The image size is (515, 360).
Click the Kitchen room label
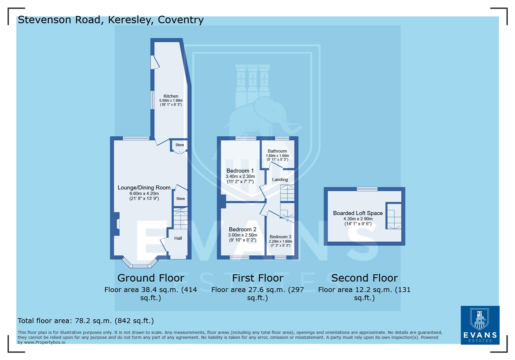171,96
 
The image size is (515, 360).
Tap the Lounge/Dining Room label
144,188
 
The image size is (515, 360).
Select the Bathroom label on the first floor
277,151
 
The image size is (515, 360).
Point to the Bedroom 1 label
240,171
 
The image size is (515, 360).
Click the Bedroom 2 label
242,229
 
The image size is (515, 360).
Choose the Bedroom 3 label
280,237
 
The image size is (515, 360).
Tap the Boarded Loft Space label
358,213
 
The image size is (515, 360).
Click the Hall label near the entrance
178,238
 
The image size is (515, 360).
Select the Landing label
280,180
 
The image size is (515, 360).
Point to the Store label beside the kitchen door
179,145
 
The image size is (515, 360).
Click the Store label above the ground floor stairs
180,199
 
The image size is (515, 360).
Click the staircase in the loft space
394,216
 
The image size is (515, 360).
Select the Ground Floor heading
150,278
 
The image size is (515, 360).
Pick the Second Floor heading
364,278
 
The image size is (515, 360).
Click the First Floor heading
257,278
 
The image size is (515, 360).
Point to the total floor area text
86,321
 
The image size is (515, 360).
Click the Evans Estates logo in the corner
480,325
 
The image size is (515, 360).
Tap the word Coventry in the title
180,20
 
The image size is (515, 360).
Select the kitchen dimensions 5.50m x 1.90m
171,101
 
